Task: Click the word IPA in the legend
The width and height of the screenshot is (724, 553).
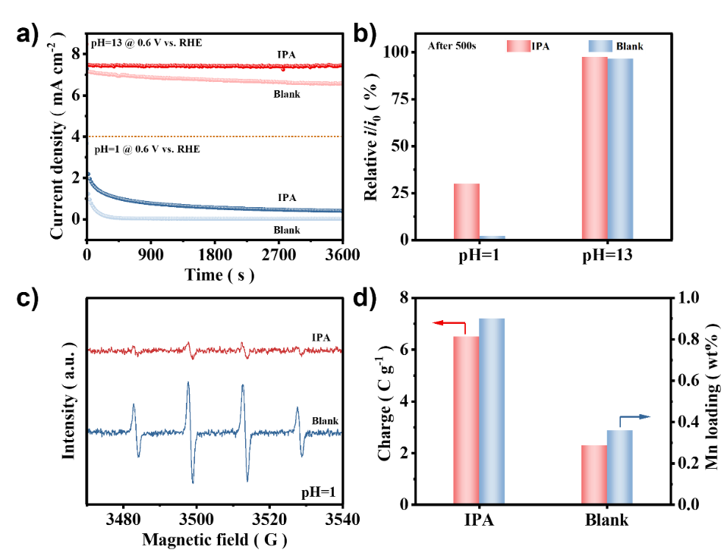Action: tap(540, 46)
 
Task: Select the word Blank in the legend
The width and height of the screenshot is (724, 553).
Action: tap(629, 46)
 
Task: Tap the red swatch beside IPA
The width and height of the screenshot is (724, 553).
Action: tap(518, 46)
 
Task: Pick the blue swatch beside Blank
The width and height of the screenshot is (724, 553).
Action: tap(600, 46)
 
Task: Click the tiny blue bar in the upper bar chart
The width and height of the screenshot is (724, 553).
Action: tap(493, 237)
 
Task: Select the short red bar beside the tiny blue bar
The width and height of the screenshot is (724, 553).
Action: tap(467, 211)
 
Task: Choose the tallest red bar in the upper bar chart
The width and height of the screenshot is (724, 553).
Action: tap(594, 148)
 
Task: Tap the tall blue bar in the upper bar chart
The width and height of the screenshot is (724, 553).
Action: tap(620, 149)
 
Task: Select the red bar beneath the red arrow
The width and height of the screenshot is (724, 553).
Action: tap(466, 419)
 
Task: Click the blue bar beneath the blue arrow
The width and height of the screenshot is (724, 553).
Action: tap(619, 467)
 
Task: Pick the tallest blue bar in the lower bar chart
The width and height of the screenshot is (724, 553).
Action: tap(492, 410)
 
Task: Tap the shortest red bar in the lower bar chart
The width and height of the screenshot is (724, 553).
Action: tap(594, 474)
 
